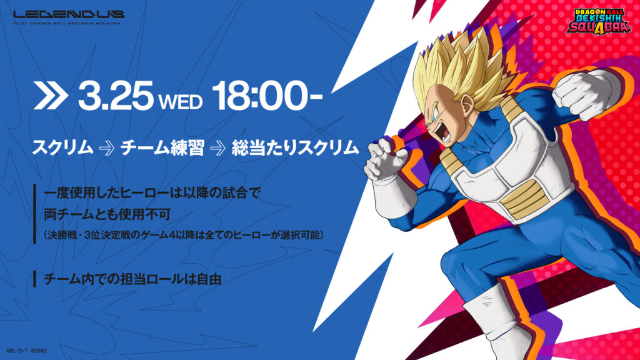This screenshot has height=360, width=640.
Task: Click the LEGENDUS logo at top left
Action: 69,15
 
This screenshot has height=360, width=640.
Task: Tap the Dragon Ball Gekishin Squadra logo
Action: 598,20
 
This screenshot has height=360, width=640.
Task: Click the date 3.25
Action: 116,96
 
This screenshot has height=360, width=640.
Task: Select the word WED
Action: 181,102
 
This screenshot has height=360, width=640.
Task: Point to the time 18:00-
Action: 267,96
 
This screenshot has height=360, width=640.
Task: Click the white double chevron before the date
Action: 50,96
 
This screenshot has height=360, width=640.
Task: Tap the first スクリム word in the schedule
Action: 62,147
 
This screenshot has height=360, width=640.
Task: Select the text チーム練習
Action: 162,147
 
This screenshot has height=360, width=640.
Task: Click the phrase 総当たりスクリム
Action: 295,147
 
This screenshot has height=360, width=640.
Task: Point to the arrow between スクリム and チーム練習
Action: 107,149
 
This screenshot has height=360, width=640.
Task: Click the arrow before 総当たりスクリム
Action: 218,149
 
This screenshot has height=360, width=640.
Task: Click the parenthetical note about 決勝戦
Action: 183,235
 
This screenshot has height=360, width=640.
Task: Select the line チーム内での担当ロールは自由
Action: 132,279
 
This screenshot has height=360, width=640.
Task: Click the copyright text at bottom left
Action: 26,350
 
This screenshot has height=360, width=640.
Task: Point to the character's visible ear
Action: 467,104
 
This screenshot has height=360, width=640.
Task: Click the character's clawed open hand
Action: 385,160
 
